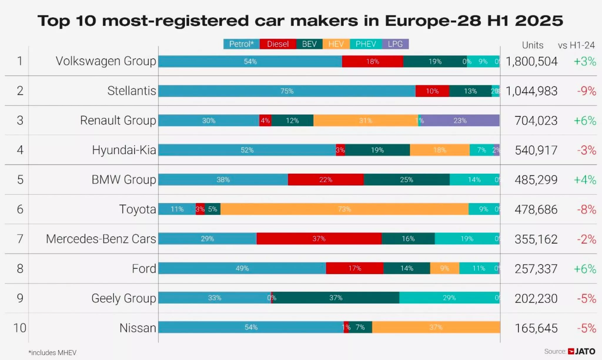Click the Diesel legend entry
coord(278,44)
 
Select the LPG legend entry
coord(395,44)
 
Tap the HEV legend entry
coord(336,44)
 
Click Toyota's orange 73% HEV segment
coord(344,209)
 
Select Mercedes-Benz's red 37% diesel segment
coord(319,239)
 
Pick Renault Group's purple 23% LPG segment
coord(460,120)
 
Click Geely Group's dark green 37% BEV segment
coord(336,298)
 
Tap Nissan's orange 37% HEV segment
coord(436,327)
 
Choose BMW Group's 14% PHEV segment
coord(474,180)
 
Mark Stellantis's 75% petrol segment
coord(287,91)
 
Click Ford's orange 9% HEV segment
coord(444,268)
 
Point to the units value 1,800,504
coord(531,61)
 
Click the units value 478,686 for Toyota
coord(536,210)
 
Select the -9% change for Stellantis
coord(586,91)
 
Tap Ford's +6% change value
coord(585,269)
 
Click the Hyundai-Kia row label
coord(124,150)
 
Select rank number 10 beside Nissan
coord(20,328)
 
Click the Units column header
coord(532,45)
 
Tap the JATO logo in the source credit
coord(582,351)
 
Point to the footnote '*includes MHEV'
coord(52,353)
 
